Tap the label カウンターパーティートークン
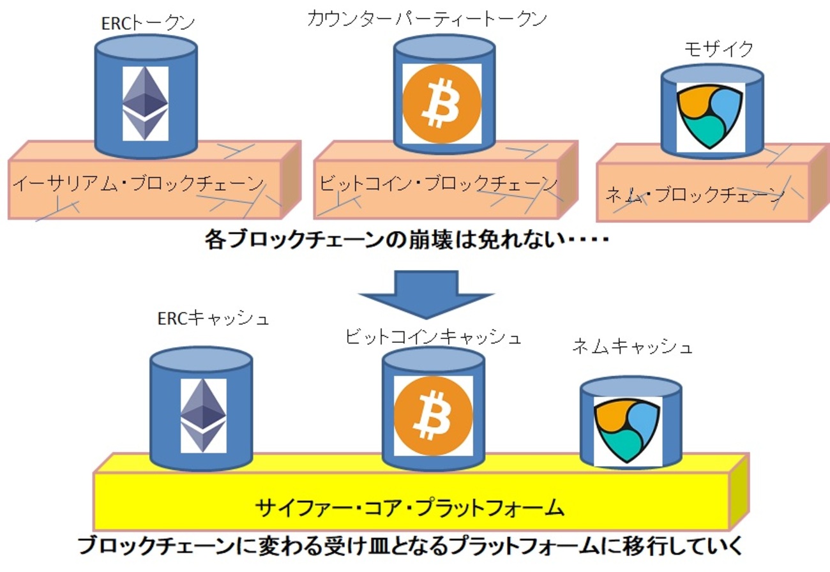pyautogui.click(x=426, y=19)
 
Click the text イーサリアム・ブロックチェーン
pyautogui.click(x=139, y=184)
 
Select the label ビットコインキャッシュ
pyautogui.click(x=433, y=337)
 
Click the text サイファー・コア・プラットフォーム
pyautogui.click(x=411, y=508)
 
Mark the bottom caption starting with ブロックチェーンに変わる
pyautogui.click(x=410, y=547)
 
